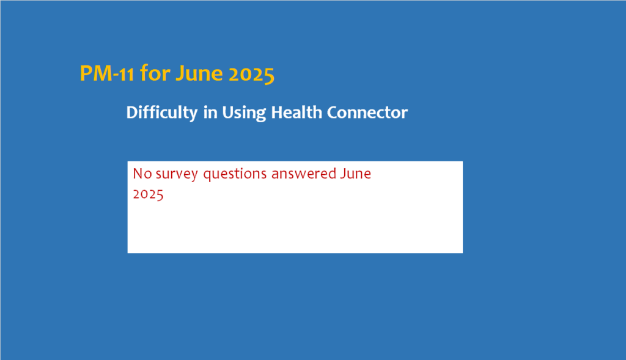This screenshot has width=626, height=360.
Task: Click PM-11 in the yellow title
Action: point(107,73)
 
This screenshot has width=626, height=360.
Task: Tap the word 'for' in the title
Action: point(155,73)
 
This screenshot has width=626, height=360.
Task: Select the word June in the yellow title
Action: point(199,73)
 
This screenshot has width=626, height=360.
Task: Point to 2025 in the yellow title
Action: point(251,74)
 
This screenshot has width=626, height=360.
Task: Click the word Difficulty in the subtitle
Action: point(161,112)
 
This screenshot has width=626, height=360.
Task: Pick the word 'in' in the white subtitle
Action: point(210,112)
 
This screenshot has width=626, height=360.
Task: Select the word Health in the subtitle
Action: point(296,112)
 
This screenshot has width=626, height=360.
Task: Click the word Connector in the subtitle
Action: point(367,112)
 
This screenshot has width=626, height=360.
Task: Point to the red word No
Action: point(142,174)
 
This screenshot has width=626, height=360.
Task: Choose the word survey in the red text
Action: point(177,174)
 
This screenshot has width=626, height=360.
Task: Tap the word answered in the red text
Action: point(304,174)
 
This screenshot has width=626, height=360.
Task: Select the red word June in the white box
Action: point(356,174)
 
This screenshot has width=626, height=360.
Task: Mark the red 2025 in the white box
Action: point(148,194)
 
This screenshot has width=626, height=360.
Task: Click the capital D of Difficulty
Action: point(132,112)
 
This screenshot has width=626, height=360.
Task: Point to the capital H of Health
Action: point(278,112)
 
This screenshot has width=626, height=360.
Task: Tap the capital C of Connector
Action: point(333,112)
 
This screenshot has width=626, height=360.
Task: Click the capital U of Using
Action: point(228,112)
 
